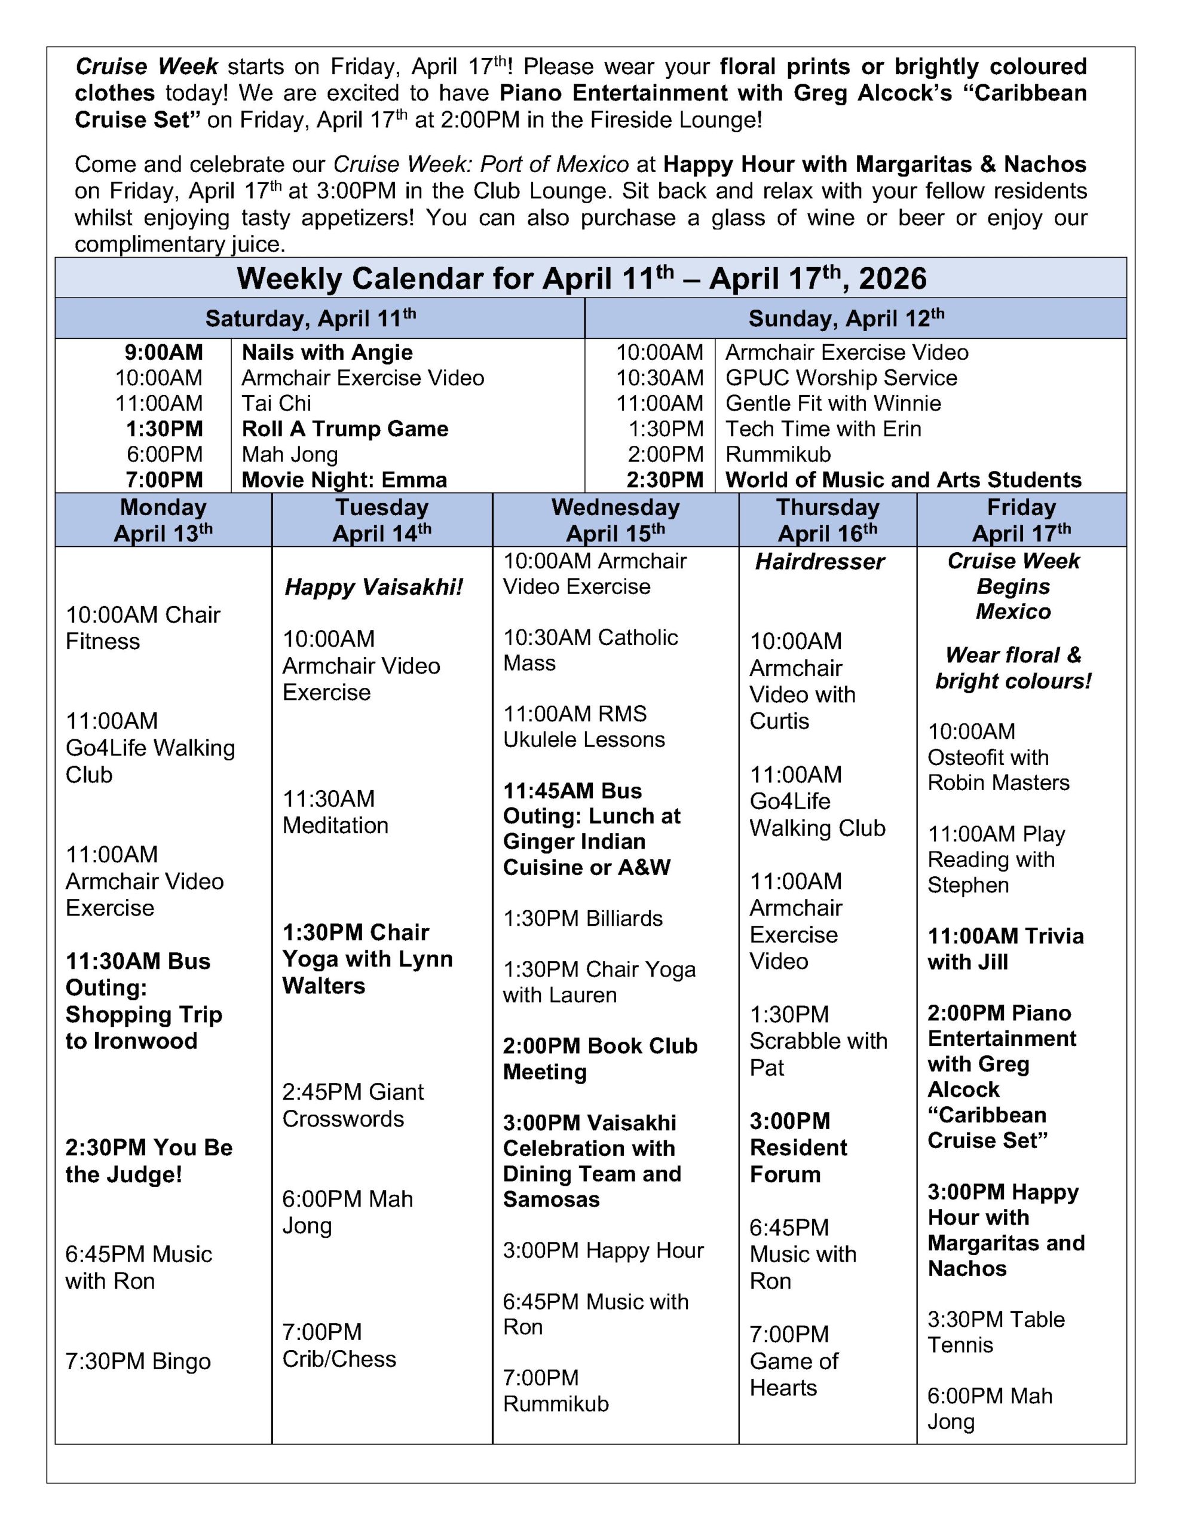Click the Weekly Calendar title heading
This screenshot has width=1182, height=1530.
click(x=581, y=279)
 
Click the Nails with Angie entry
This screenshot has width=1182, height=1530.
click(x=327, y=353)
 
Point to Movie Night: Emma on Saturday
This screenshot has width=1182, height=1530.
click(x=344, y=480)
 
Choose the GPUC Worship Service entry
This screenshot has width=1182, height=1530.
click(x=841, y=378)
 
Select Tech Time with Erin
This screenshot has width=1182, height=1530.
click(x=823, y=429)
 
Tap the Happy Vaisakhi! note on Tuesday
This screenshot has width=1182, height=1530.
click(x=373, y=587)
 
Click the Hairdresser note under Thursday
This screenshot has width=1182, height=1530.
click(x=820, y=562)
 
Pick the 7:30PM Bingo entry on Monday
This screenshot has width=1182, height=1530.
click(x=138, y=1361)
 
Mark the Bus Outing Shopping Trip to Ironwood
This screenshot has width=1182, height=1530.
click(x=143, y=1001)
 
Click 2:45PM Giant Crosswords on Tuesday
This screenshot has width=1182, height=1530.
click(x=353, y=1104)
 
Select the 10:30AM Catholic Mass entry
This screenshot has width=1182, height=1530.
click(x=590, y=650)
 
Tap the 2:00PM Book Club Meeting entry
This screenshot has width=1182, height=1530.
click(x=600, y=1058)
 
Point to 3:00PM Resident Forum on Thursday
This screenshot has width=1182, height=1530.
click(x=798, y=1147)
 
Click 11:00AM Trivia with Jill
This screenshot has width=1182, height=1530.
click(x=1006, y=948)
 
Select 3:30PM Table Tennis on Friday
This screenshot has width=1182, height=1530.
click(x=996, y=1332)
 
